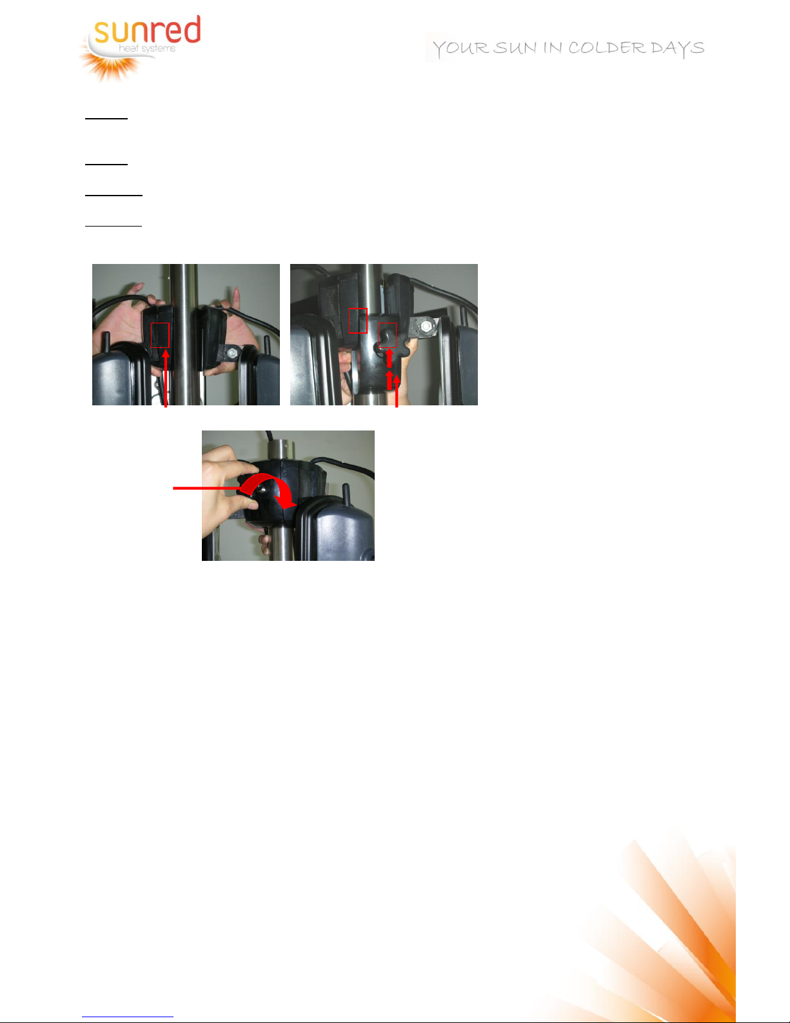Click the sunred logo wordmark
coord(148,30)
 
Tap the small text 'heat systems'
coord(147,48)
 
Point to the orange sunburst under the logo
coord(110,65)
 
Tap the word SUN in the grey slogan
coord(515,48)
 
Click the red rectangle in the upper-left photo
coord(160,335)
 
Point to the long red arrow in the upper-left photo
coord(166,378)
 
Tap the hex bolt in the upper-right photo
coord(426,326)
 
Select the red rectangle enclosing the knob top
coord(387,335)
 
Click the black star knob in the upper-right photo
coord(390,346)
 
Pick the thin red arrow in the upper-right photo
coord(397,390)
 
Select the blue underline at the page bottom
coord(128,1017)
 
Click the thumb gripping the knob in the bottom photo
coord(248,503)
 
